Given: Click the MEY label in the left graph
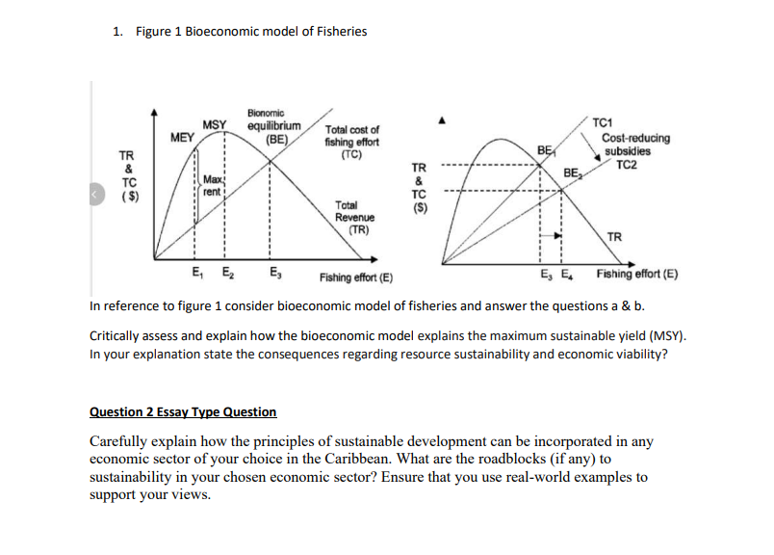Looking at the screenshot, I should tap(182, 138).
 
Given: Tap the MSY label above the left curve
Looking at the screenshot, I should tap(215, 125).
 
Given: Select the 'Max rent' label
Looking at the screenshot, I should tap(214, 186).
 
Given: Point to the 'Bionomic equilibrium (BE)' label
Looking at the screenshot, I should tap(274, 125).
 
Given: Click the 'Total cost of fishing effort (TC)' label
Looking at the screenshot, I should tap(351, 142).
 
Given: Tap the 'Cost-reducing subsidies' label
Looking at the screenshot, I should tap(635, 145).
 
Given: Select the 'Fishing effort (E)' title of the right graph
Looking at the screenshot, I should tap(636, 274).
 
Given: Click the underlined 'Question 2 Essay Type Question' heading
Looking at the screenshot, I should tap(183, 411).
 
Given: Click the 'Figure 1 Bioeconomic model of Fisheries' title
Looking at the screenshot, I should tap(251, 32).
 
